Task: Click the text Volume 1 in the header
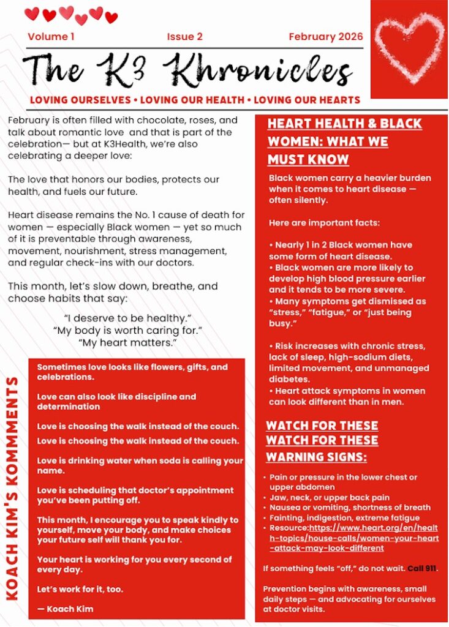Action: pyautogui.click(x=51, y=37)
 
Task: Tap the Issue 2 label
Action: pyautogui.click(x=184, y=37)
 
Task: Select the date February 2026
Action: pyautogui.click(x=325, y=37)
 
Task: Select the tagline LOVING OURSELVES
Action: pyautogui.click(x=82, y=100)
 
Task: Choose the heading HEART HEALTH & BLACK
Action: pyautogui.click(x=344, y=124)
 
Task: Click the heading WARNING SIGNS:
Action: pyautogui.click(x=316, y=457)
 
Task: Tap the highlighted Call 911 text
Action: pyautogui.click(x=422, y=568)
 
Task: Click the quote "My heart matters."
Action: pyautogui.click(x=128, y=343)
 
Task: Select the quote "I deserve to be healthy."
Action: pyautogui.click(x=128, y=318)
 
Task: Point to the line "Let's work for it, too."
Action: pyautogui.click(x=80, y=589)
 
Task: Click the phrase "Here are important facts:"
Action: pyautogui.click(x=324, y=222)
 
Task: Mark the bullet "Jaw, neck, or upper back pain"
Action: pyautogui.click(x=329, y=498)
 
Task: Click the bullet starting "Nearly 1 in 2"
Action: pyautogui.click(x=340, y=245)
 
